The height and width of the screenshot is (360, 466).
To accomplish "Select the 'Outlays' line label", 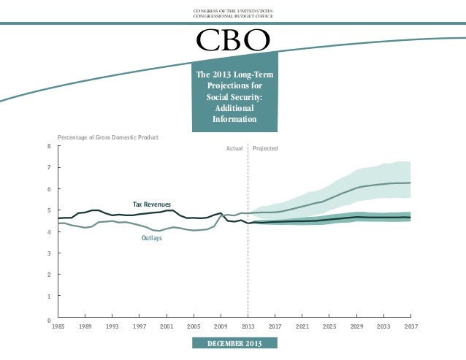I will point(151,238).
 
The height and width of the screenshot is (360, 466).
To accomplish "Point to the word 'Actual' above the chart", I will point(234,148).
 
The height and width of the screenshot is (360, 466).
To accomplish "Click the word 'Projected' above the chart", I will point(265,148).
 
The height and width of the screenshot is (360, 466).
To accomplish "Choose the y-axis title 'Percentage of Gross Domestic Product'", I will point(108,137).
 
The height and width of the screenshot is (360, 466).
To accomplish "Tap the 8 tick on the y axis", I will point(49,146).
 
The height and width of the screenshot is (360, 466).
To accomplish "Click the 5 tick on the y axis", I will point(49,210).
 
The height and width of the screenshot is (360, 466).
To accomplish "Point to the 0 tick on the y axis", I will point(49,320).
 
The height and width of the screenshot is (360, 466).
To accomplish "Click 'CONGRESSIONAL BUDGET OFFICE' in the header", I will point(233,16).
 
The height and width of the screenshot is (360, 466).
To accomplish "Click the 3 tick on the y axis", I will point(49,253).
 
